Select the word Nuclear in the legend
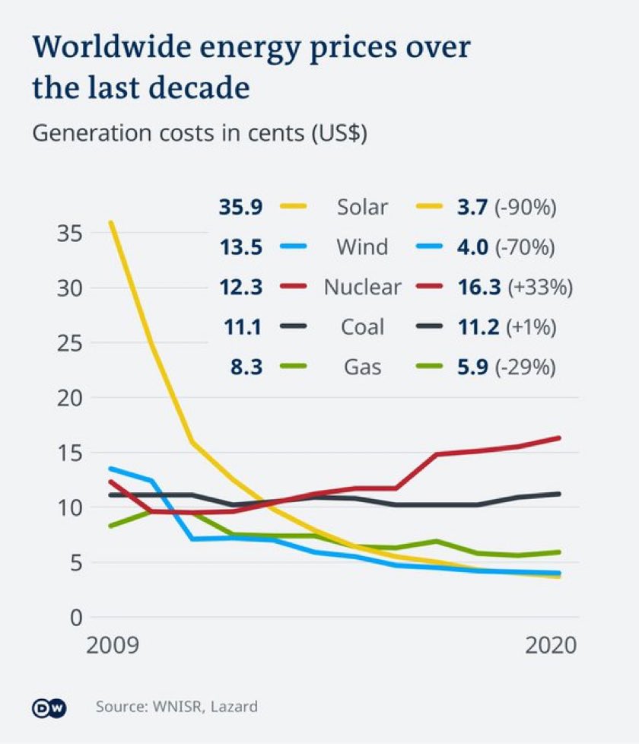pyautogui.click(x=362, y=287)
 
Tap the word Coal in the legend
pyautogui.click(x=362, y=327)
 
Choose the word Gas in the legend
pyautogui.click(x=362, y=367)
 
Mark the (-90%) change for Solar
pyautogui.click(x=527, y=207)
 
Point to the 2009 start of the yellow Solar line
pyautogui.click(x=111, y=222)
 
